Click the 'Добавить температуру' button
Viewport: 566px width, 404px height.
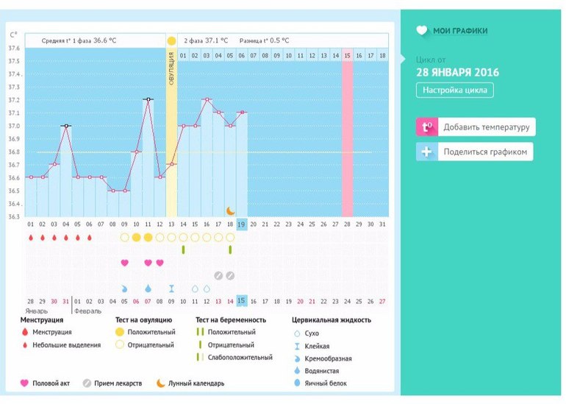tap(476, 127)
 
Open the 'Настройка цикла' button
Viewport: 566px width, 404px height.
tap(455, 91)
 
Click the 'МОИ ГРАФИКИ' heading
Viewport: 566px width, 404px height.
tap(460, 31)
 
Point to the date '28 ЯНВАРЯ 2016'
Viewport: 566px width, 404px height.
tap(457, 72)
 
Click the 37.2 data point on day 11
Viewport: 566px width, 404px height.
tap(148, 99)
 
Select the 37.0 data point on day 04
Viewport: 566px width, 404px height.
tap(65, 126)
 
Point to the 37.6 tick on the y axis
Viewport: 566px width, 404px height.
tap(14, 49)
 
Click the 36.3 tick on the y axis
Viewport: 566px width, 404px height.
tap(14, 216)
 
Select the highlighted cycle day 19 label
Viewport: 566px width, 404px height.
tap(242, 224)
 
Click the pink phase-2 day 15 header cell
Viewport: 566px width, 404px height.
tap(348, 55)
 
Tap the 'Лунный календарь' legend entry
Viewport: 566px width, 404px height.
tap(195, 383)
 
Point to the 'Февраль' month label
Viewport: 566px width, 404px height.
tap(88, 311)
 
